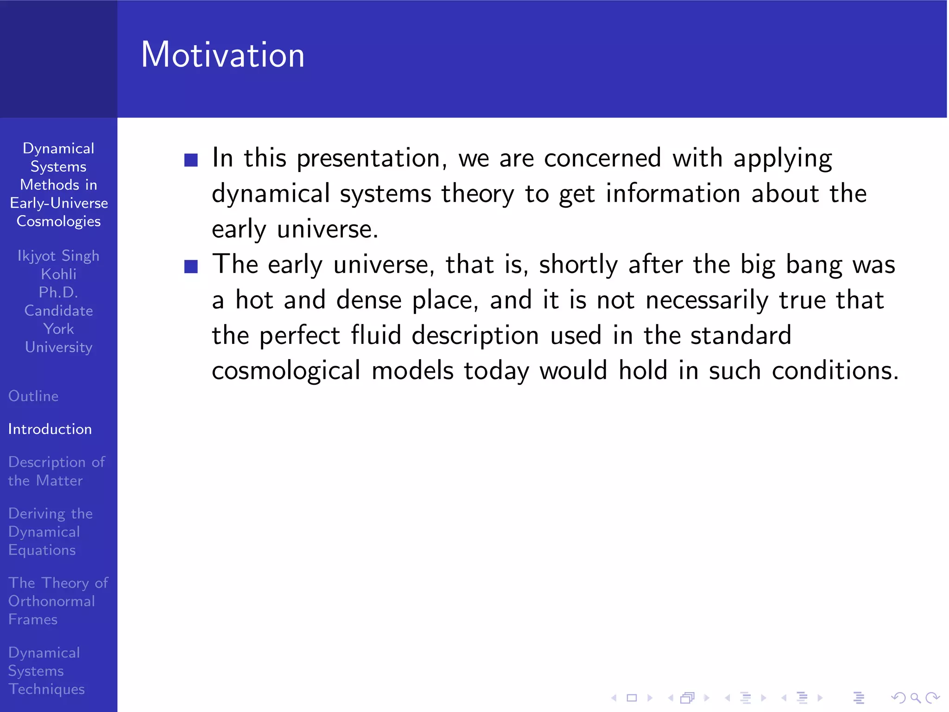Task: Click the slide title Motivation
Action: pos(222,55)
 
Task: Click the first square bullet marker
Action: pos(191,160)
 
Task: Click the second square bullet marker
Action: pos(191,267)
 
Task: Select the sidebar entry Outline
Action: pos(33,396)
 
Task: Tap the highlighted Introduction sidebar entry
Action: pos(50,429)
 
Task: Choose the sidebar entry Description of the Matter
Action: pos(56,471)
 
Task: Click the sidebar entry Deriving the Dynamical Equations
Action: pos(50,532)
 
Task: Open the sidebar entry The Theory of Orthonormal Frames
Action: pos(57,601)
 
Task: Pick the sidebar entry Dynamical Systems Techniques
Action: pos(46,671)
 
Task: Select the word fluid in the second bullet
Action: pos(375,335)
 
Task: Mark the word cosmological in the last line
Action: pos(286,371)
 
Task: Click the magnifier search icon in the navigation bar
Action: pos(915,698)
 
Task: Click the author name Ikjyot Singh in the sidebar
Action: pos(58,256)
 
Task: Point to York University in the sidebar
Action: pos(58,338)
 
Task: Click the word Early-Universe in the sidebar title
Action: pos(59,203)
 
